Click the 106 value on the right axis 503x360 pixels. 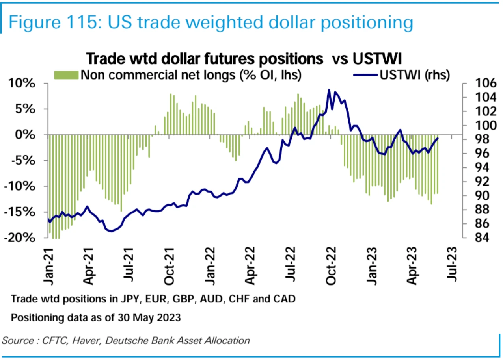click(476, 84)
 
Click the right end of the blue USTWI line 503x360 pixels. click(438, 138)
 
